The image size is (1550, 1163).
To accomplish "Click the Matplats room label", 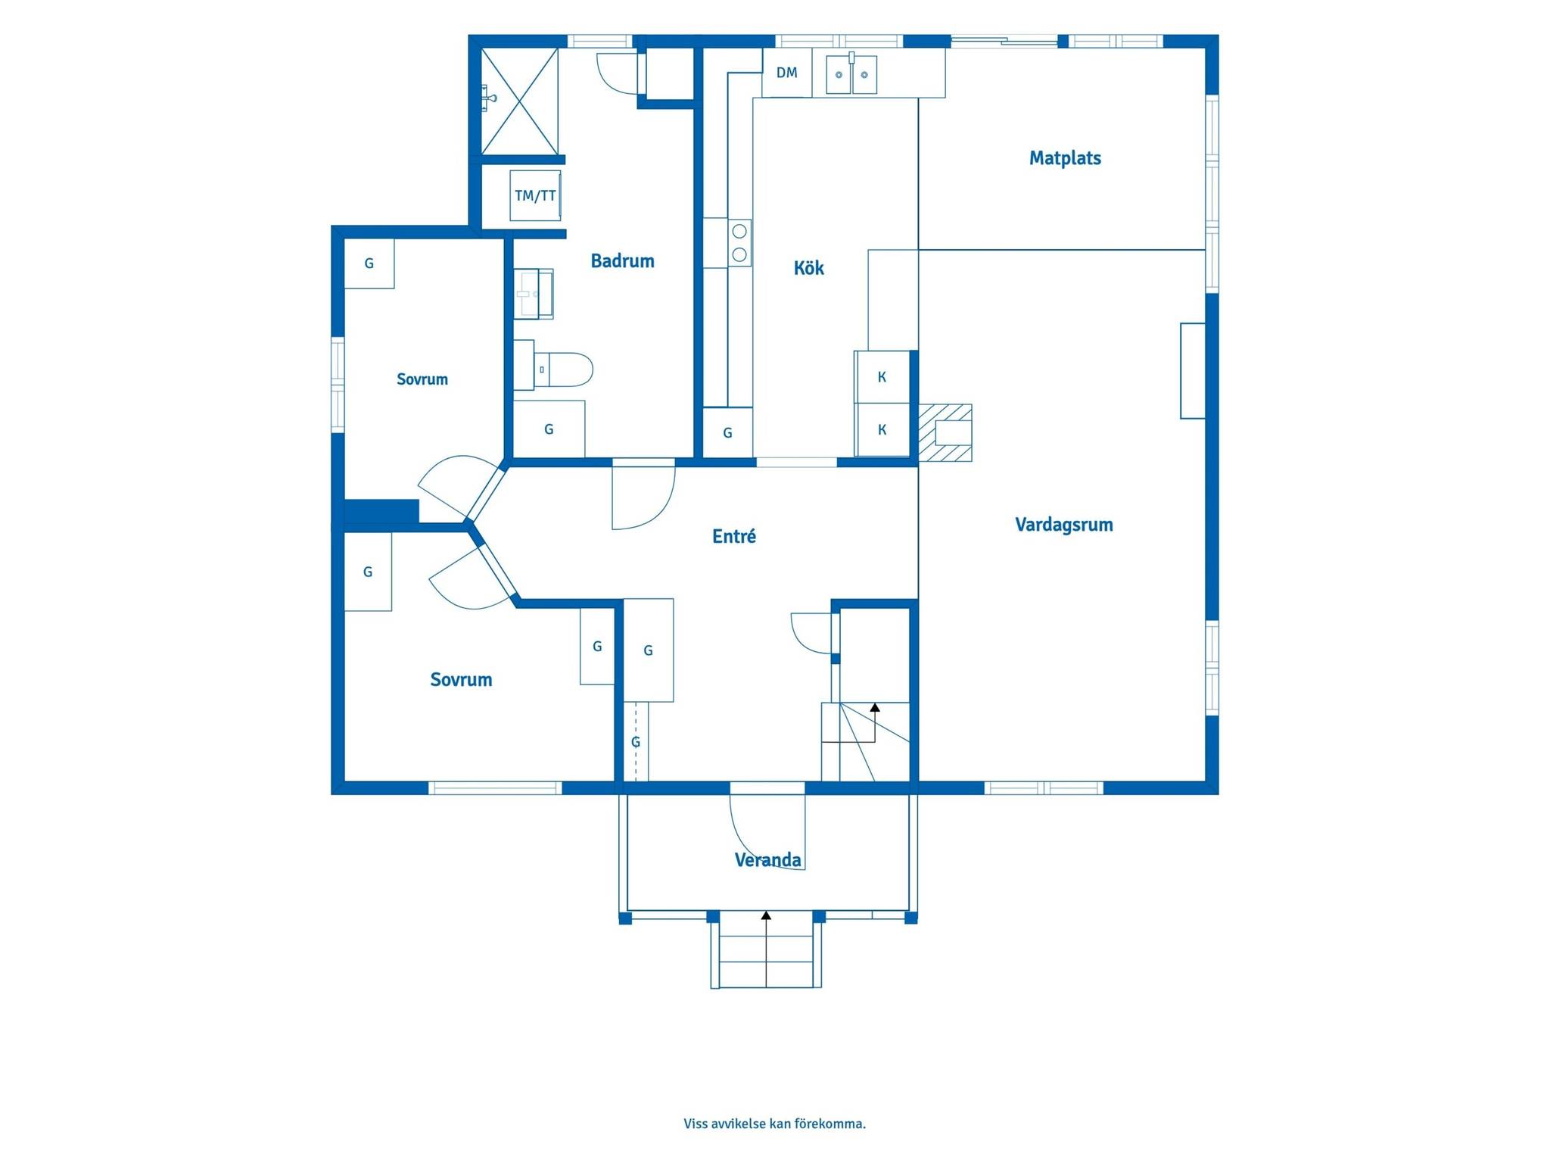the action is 1065,158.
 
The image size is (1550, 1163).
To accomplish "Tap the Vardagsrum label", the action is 1064,525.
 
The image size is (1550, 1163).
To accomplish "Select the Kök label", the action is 808,267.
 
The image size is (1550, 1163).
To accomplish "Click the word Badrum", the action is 622,261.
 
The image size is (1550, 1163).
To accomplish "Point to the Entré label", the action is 734,536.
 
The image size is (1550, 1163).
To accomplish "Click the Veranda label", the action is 767,860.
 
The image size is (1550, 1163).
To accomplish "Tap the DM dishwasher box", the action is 787,73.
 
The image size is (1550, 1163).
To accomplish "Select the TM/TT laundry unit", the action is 535,195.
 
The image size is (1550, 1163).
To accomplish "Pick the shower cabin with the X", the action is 520,101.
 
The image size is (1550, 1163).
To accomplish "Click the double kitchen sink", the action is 851,74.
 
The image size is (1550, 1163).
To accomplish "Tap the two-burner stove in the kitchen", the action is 739,242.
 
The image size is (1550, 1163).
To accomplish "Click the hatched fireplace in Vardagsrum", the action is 945,433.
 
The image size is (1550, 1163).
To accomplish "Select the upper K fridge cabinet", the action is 882,377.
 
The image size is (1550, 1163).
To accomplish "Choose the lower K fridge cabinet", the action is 882,430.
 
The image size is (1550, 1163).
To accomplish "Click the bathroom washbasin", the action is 534,294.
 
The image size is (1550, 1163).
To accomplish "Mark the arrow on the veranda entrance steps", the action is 766,949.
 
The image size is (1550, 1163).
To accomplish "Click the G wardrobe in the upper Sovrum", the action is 369,263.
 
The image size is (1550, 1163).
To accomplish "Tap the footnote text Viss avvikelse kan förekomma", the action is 774,1124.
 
